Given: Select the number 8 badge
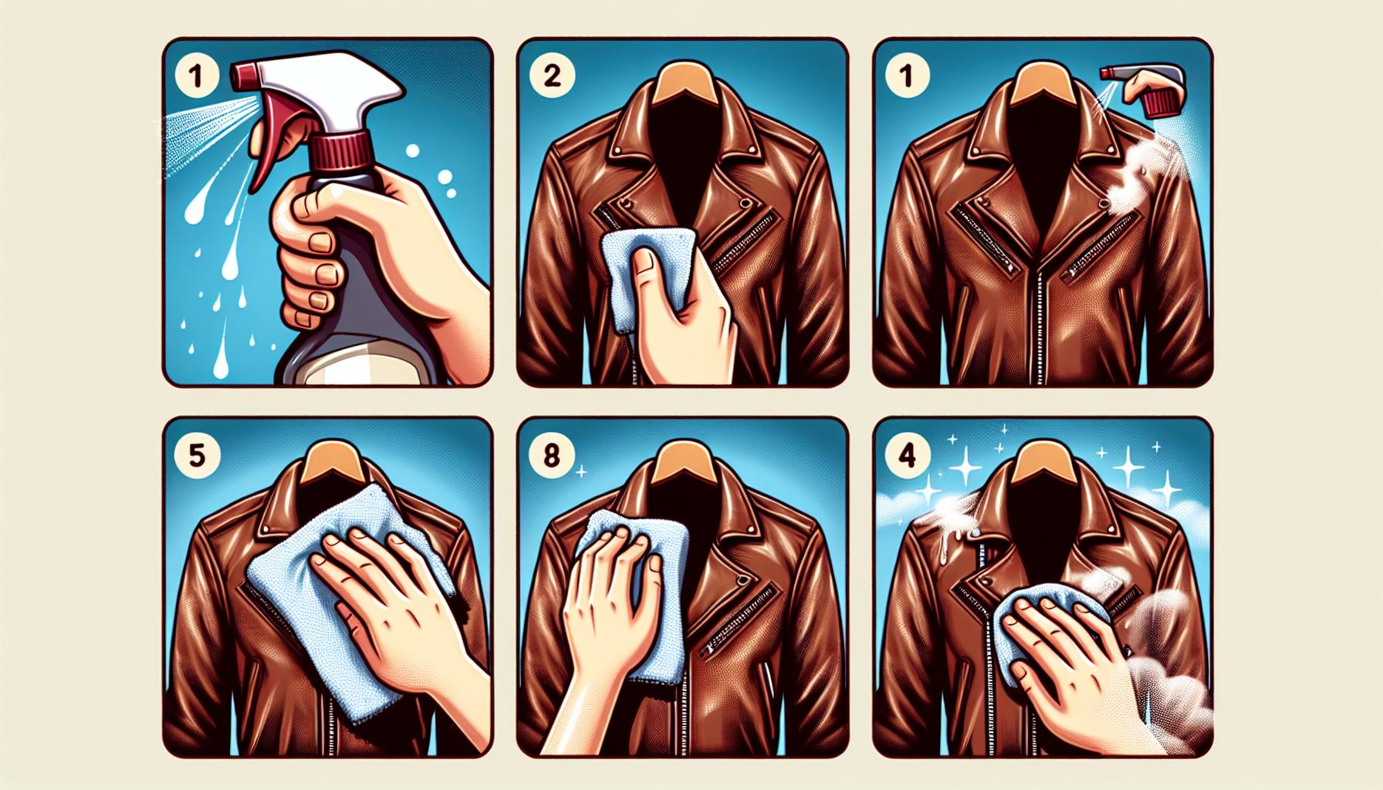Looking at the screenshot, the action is [x=551, y=455].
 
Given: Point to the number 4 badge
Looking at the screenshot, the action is [x=906, y=455].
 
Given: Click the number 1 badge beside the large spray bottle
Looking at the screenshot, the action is [x=195, y=76].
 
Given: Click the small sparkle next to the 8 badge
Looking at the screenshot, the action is [x=580, y=469].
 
